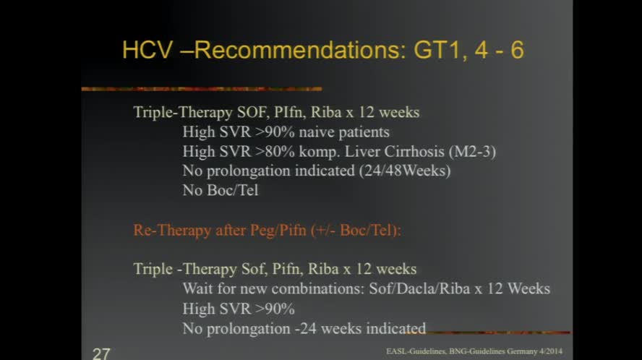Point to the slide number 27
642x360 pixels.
pyautogui.click(x=101, y=353)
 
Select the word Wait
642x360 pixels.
pyautogui.click(x=198, y=288)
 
